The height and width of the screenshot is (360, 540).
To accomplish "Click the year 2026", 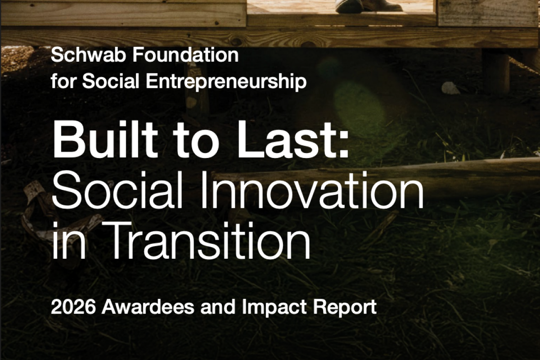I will point(73,307).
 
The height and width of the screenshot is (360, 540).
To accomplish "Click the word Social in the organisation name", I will point(115,82).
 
